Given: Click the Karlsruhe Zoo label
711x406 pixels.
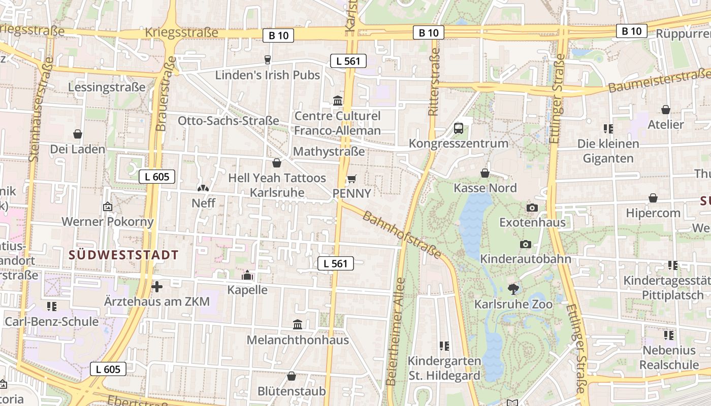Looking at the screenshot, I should (513, 304).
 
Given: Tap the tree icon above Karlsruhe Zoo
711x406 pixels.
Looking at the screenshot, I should (513, 289).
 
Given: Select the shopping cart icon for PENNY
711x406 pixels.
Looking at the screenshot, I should (351, 179).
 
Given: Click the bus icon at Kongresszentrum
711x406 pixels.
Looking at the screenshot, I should (459, 128).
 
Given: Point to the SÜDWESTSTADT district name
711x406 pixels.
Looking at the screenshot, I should (123, 255).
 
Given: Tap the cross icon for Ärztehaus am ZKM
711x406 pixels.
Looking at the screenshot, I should (157, 287).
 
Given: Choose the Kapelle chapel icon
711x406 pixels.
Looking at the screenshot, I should (247, 275).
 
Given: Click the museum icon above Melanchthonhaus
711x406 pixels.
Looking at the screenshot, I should (298, 324).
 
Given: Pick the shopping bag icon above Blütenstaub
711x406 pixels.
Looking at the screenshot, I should (292, 376).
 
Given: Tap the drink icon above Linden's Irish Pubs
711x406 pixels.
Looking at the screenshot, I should (268, 60).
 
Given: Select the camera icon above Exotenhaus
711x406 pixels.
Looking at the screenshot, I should (532, 208).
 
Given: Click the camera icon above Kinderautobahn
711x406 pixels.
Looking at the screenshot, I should (526, 244).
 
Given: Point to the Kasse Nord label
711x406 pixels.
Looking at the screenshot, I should (485, 188).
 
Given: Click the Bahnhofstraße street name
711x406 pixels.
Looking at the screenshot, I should (401, 234).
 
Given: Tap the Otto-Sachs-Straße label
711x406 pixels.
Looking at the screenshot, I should (228, 121).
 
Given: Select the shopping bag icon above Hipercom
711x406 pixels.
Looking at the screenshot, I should (653, 198).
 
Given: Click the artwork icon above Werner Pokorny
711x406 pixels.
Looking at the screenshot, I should (107, 207).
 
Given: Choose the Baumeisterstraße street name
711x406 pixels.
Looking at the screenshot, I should (659, 81).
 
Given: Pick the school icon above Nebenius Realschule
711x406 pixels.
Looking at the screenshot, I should (668, 335).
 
